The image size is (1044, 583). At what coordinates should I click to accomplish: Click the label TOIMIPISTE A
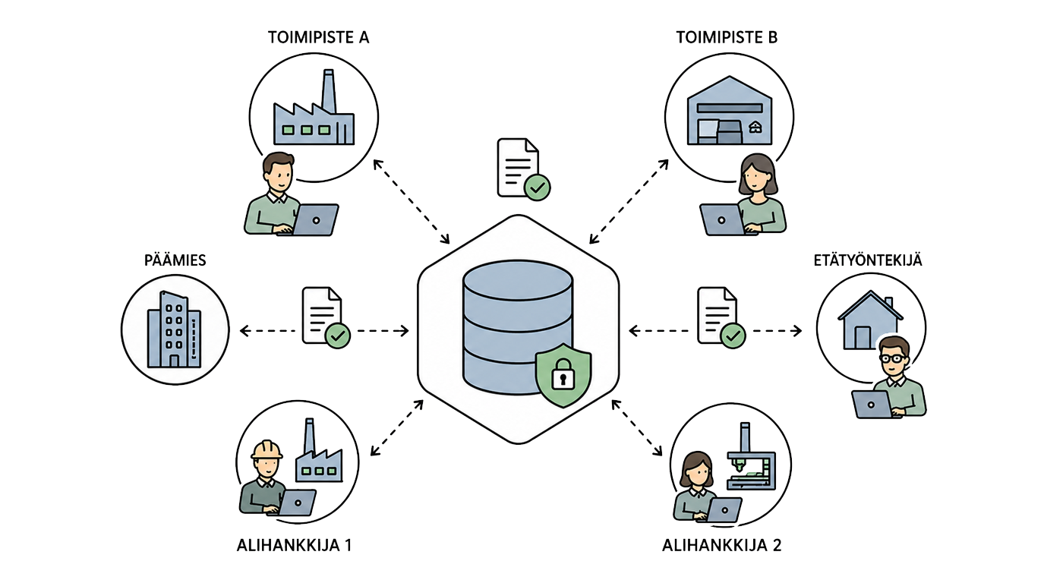pos(318,37)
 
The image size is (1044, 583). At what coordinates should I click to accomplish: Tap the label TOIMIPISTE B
pos(727,37)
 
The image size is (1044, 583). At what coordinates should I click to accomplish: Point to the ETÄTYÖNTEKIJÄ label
pos(868,260)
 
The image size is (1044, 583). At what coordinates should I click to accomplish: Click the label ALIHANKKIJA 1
pos(294,545)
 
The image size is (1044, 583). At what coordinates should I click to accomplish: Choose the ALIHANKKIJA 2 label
pos(721,545)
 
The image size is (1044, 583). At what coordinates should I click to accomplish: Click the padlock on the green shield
pos(563,373)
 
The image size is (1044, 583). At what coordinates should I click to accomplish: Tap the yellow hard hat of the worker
pos(267,449)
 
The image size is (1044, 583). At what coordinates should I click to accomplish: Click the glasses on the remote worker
pos(893,358)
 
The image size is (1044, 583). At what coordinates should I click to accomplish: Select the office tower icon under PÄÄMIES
pos(174,329)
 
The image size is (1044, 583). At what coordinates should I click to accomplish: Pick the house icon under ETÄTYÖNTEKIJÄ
pos(869,320)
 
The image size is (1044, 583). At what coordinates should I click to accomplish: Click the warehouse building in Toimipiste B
pos(729,110)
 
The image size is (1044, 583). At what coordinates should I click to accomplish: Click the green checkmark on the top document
pos(538,188)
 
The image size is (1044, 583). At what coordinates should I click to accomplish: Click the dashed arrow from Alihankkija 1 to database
pos(396,427)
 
